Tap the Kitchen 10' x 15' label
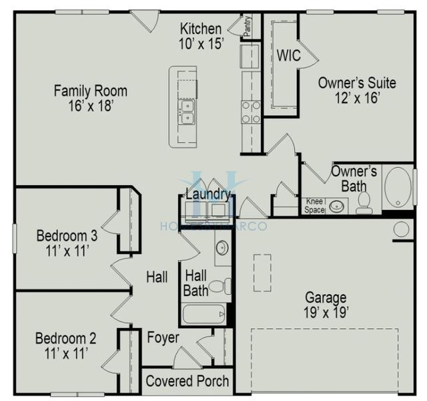[201, 35]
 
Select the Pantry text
[248, 27]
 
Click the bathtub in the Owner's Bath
[398, 187]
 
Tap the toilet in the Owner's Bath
[364, 202]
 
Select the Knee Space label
[314, 205]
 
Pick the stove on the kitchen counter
[251, 112]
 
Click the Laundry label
[208, 194]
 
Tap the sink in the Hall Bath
[222, 248]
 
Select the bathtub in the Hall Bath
[204, 313]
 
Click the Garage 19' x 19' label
[326, 305]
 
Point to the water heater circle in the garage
[402, 229]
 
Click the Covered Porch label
[187, 382]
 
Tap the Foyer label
[163, 338]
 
